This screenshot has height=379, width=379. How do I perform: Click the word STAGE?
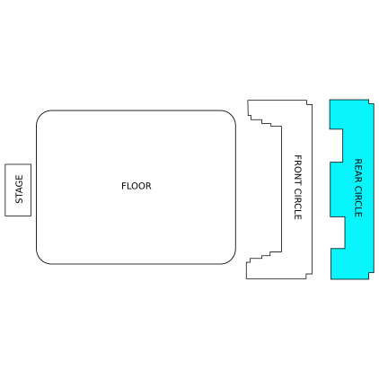click(19, 189)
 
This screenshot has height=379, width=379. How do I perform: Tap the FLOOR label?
click(137, 186)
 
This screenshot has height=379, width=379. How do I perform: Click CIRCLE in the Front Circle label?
click(297, 204)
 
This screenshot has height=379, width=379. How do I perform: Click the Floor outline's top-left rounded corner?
click(41, 116)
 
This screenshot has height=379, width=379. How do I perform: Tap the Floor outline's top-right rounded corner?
click(230, 116)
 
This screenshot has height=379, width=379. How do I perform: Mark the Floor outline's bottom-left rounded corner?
click(41, 259)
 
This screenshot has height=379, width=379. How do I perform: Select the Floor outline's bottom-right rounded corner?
click(230, 259)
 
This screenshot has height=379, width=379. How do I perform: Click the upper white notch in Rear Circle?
click(336, 145)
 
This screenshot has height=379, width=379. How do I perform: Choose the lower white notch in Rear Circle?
click(338, 233)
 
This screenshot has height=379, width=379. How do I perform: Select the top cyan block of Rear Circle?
click(351, 114)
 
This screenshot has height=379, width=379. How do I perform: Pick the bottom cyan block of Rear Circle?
click(352, 264)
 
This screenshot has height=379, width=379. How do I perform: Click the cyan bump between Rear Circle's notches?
click(337, 189)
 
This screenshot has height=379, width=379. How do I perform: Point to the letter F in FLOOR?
click(124, 186)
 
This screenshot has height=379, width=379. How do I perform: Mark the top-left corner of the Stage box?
click(5, 164)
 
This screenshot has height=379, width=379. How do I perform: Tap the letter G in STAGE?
click(19, 185)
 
